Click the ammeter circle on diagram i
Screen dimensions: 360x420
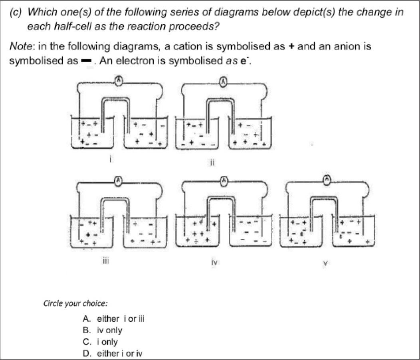(x=118, y=81)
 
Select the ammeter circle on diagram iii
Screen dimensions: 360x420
(x=118, y=181)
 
